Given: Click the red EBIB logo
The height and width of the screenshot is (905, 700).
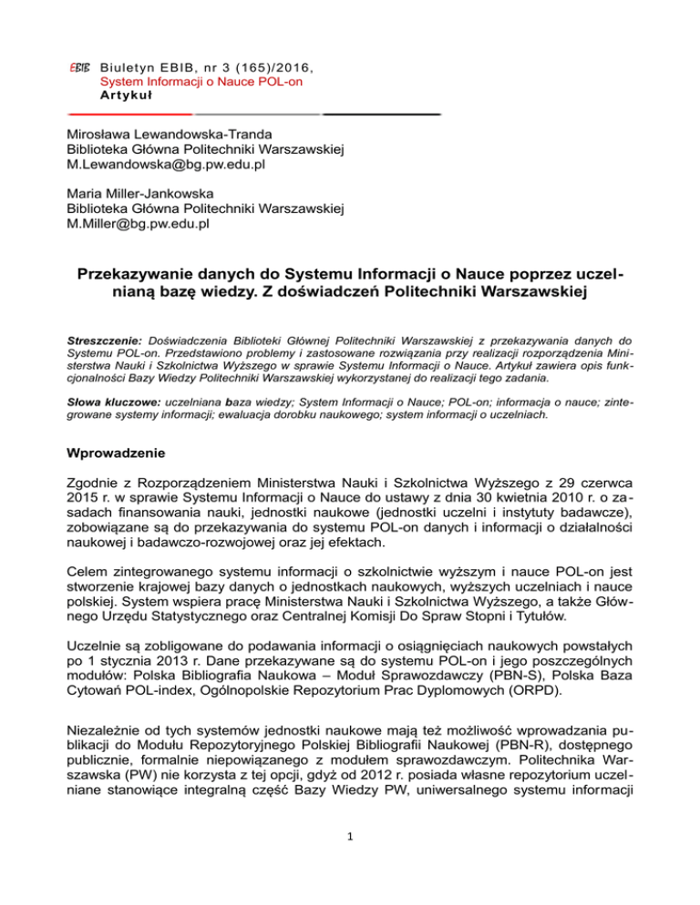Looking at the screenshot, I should coord(78,67).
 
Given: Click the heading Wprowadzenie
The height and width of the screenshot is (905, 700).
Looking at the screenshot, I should coord(119,450).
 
